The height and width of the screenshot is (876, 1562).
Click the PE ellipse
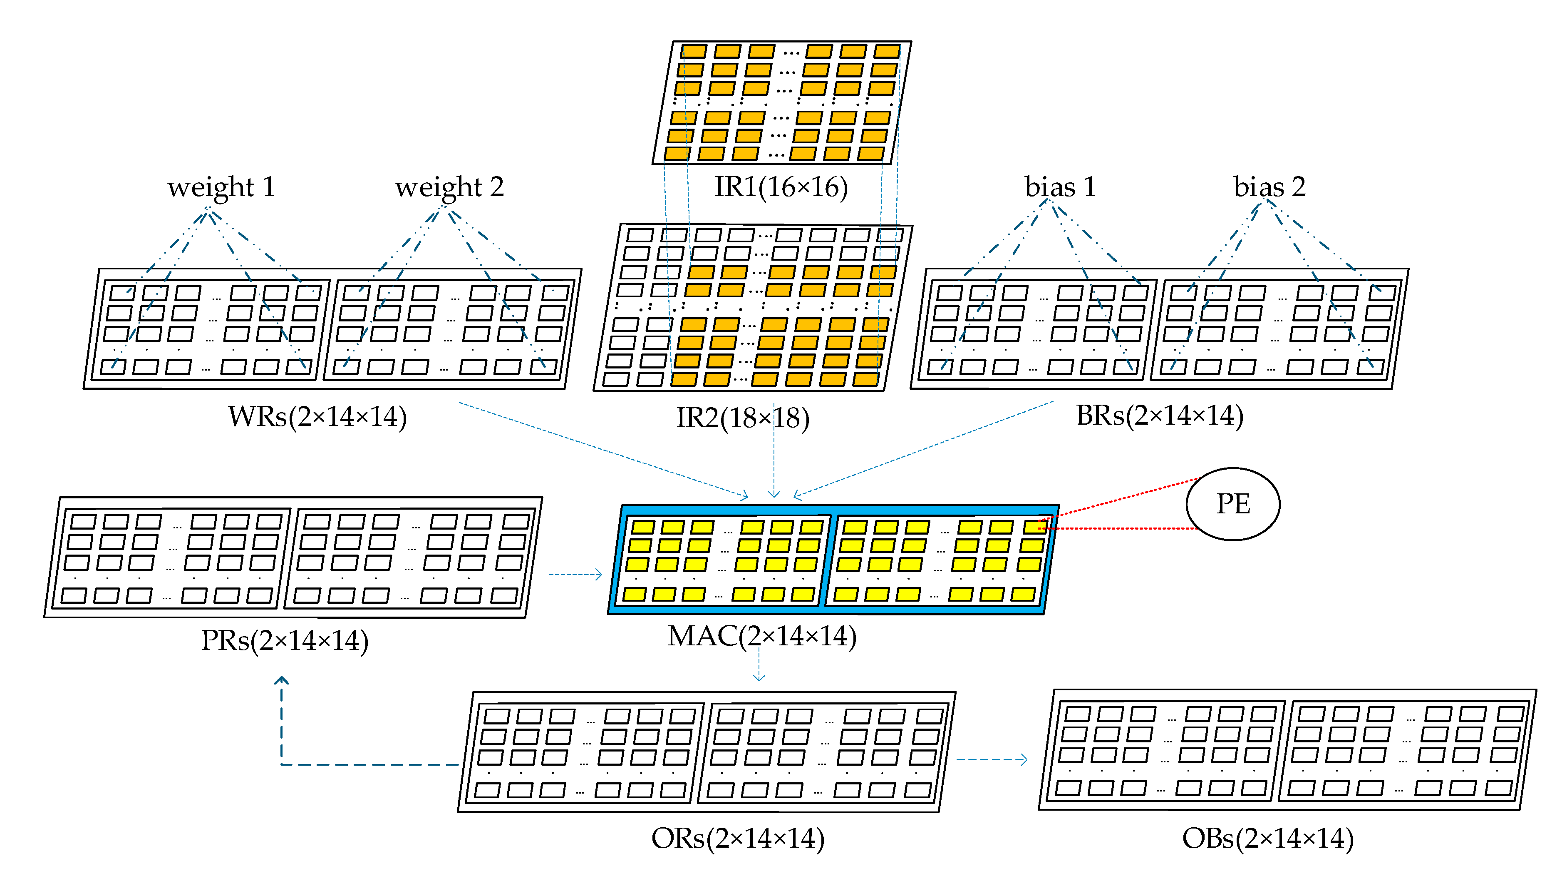pos(1233,504)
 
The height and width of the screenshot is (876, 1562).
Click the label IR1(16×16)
pos(781,187)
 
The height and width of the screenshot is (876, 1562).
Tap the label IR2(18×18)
pos(742,418)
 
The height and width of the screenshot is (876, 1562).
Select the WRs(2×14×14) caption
pos(317,417)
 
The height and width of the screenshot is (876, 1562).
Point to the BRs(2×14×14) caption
pos(1159,416)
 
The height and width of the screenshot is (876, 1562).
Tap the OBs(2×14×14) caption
pos(1267,839)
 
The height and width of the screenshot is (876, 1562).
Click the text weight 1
pos(221,187)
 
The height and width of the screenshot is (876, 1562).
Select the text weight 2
pos(449,187)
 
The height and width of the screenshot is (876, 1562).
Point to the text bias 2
pos(1269,187)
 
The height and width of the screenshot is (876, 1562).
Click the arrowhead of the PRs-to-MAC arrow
pos(599,575)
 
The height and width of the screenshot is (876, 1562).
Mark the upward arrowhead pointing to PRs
pos(281,681)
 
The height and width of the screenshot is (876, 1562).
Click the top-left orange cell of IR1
pos(694,51)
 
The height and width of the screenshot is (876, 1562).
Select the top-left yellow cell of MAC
pos(643,527)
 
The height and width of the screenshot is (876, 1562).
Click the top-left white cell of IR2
pos(640,235)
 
